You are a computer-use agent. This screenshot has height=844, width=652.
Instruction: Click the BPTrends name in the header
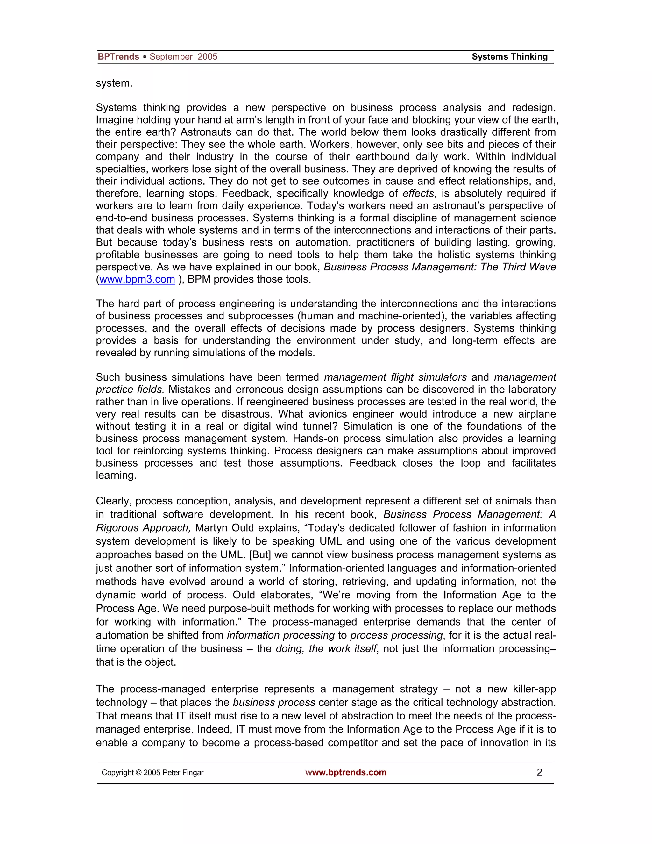click(118, 57)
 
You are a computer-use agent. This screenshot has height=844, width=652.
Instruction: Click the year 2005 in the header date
click(208, 57)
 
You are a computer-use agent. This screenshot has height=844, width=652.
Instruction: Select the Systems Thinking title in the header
click(509, 57)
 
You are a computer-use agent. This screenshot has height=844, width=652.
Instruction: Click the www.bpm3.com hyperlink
click(137, 279)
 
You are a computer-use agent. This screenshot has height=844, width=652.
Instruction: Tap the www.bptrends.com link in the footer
click(346, 772)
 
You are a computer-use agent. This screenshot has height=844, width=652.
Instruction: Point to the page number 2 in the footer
click(539, 772)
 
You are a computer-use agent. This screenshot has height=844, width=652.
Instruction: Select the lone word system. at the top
click(114, 83)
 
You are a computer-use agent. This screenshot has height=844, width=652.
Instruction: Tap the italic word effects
click(418, 193)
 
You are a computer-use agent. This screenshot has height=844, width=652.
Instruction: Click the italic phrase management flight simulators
click(395, 377)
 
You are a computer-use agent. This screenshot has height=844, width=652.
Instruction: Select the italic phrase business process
click(274, 703)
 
